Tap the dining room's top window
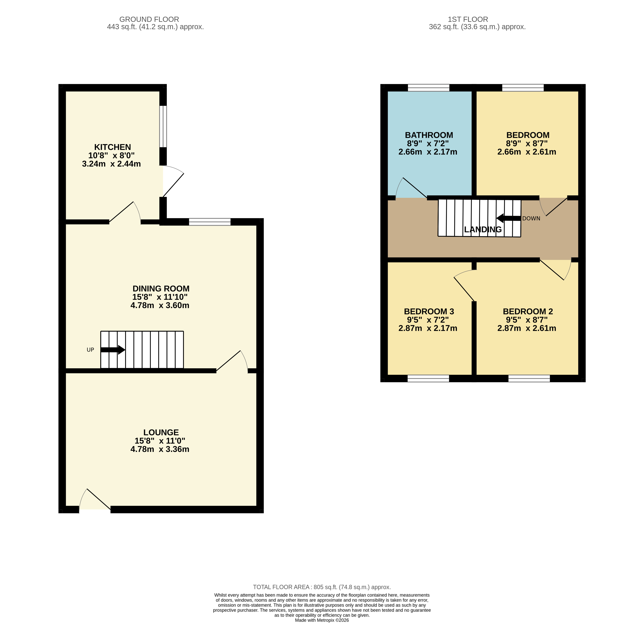pos(210,222)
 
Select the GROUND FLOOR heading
pos(149,19)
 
